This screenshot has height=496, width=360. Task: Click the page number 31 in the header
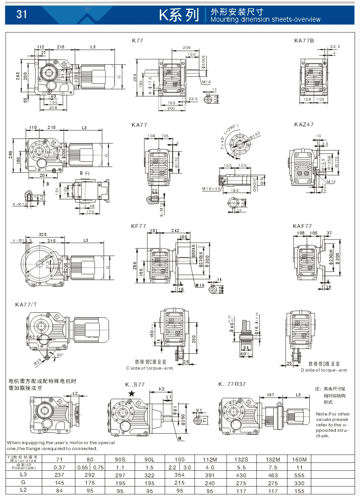pyautogui.click(x=21, y=14)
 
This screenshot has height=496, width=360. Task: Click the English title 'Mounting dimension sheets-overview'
pyautogui.click(x=265, y=20)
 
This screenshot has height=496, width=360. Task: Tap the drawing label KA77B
pyautogui.click(x=304, y=40)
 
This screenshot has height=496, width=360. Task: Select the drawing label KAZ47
pyautogui.click(x=304, y=125)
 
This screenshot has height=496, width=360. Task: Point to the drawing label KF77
pyautogui.click(x=139, y=226)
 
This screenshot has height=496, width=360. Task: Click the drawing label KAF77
pyautogui.click(x=302, y=226)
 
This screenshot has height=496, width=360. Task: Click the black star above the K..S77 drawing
pyautogui.click(x=131, y=393)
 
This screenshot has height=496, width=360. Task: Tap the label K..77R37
pyautogui.click(x=232, y=383)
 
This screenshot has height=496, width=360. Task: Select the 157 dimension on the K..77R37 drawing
pyautogui.click(x=270, y=395)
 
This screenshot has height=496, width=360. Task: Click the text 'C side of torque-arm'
pyautogui.click(x=148, y=368)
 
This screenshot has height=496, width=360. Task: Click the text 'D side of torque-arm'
pyautogui.click(x=324, y=370)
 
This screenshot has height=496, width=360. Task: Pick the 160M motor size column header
pyautogui.click(x=298, y=459)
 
